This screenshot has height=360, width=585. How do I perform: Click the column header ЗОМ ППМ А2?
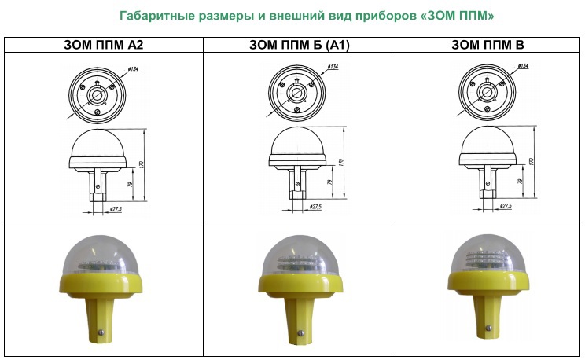[x=103, y=45]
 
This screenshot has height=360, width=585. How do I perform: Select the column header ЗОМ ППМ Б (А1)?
[x=300, y=45]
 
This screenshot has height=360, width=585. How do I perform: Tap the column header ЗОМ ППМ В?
[x=487, y=45]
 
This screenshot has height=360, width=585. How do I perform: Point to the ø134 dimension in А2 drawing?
[x=133, y=69]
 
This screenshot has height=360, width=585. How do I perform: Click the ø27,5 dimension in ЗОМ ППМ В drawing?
[x=506, y=206]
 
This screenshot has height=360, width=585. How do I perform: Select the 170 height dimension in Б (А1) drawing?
[x=341, y=162]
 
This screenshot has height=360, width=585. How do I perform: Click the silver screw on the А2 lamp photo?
[x=101, y=332]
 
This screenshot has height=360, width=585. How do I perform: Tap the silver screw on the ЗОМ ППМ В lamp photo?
[x=488, y=328]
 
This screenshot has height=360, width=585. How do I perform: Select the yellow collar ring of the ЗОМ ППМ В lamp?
[x=488, y=282]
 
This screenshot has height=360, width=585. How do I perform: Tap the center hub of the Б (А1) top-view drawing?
[x=296, y=92]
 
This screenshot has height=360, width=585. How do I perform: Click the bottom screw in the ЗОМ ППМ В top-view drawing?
[x=487, y=109]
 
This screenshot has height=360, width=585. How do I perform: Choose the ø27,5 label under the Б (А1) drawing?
[x=315, y=207]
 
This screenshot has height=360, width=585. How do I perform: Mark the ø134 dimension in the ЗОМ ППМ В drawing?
[x=523, y=66]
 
